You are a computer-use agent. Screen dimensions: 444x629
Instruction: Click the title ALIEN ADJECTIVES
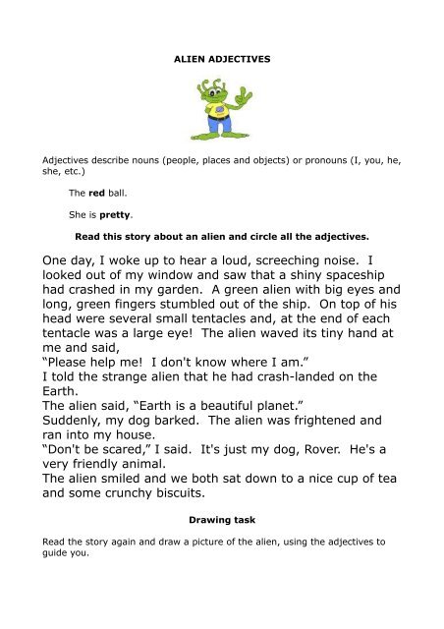[x=222, y=59]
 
